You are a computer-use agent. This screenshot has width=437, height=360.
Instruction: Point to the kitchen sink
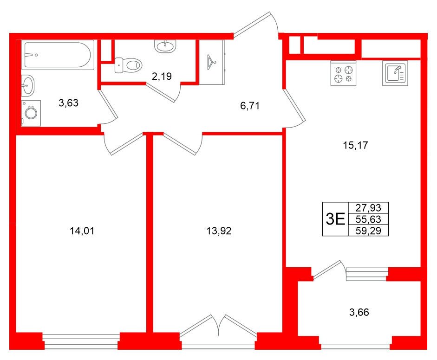(395, 73)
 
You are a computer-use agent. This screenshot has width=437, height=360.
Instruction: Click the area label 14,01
(81, 231)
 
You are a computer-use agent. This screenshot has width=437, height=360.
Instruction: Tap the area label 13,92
(218, 231)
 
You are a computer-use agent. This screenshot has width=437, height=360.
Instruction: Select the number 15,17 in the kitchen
(355, 145)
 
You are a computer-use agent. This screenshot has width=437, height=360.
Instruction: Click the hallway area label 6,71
(249, 106)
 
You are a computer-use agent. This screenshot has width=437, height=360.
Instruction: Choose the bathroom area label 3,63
(68, 103)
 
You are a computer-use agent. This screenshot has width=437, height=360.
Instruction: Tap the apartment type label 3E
(335, 219)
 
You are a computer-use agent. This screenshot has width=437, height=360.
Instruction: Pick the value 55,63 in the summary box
(368, 219)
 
